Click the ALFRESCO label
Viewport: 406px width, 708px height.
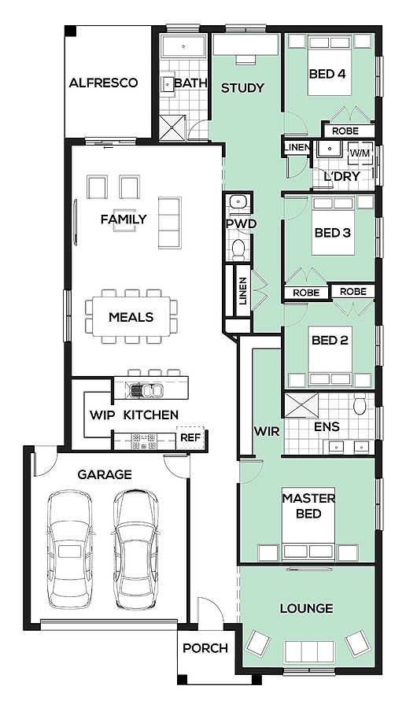coord(103,83)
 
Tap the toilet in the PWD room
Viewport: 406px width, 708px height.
coord(238,249)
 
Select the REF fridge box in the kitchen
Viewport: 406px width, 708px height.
coord(190,437)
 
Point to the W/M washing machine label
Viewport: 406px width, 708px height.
coord(359,153)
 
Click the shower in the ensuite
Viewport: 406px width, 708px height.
coord(301,404)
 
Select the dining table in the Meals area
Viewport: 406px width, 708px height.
coord(131,316)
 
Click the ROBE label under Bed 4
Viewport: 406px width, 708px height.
coord(345,131)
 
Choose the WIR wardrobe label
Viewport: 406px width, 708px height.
coord(267,431)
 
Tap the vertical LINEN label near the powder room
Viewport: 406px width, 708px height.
coord(243,291)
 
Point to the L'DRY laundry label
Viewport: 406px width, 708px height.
coord(341,176)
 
